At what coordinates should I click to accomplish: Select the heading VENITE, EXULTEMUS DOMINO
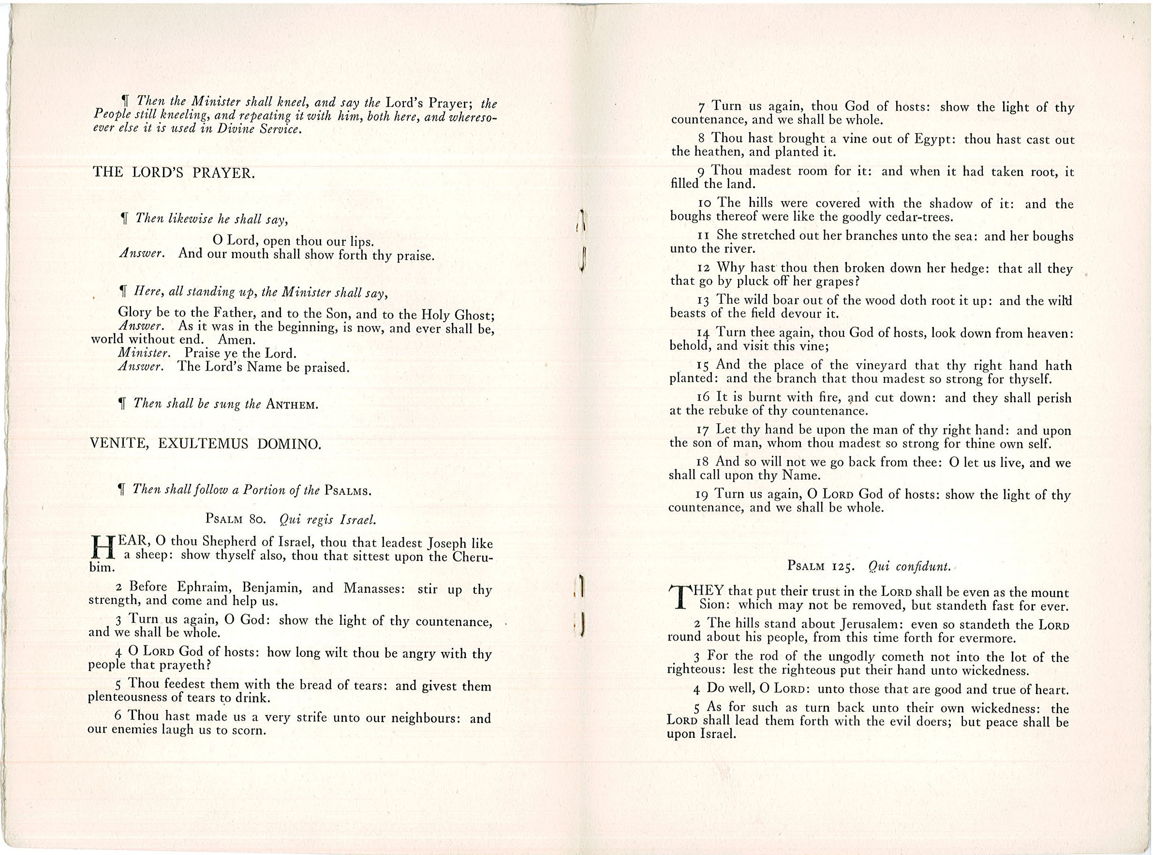(206, 443)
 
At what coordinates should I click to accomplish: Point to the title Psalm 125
(820, 566)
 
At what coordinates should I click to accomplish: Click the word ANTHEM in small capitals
(291, 405)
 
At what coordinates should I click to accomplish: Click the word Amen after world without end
(237, 340)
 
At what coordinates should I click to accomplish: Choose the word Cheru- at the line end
(473, 557)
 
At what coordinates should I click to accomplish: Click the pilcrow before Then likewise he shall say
(124, 220)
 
